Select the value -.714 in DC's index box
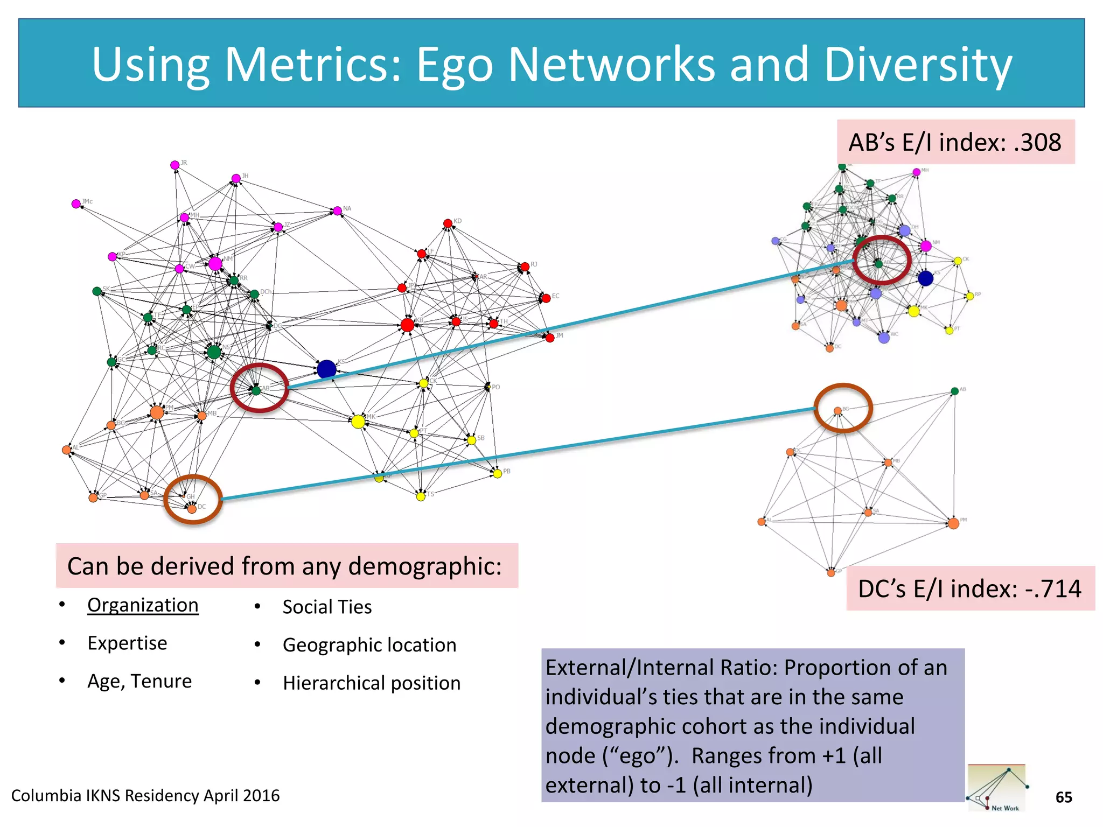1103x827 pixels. coord(1053,588)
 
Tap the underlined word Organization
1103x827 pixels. coord(143,605)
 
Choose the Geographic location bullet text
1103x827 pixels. coord(369,645)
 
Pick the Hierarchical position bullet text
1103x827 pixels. coord(372,683)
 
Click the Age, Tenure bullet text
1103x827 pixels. coord(139,681)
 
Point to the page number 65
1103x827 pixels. coord(1064,797)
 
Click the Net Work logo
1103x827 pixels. coord(996,788)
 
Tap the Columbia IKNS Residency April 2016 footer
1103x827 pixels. coord(145,796)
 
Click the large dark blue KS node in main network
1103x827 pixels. coord(326,369)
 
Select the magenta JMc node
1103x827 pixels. coord(76,204)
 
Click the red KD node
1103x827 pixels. coord(448,223)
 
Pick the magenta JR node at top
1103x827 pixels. coord(174,165)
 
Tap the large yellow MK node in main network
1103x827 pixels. coord(358,422)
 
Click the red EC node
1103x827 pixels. coord(546,298)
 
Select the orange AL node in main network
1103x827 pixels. coord(67,450)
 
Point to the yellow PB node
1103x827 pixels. coord(498,473)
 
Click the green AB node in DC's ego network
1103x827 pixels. coord(955,391)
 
